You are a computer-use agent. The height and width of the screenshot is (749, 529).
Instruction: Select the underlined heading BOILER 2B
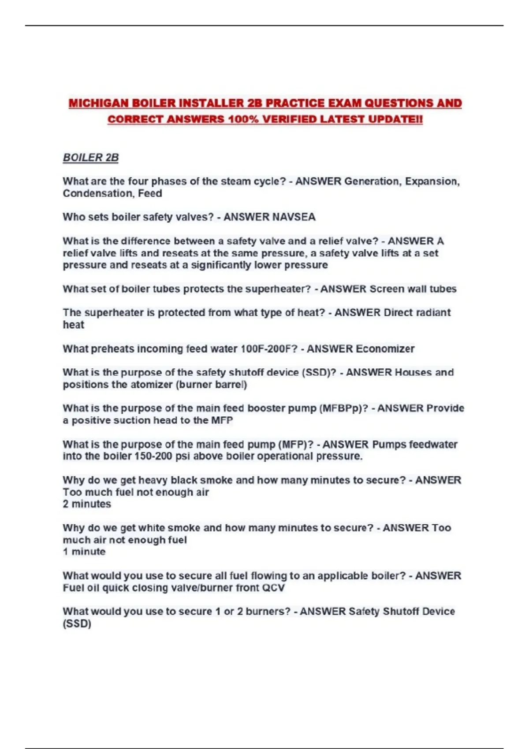click(x=91, y=158)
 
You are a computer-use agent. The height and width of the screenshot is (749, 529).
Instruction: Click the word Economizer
click(x=385, y=349)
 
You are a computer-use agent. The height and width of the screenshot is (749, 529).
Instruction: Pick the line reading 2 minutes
click(x=87, y=504)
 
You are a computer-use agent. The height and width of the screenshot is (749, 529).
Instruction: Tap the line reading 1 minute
click(x=84, y=552)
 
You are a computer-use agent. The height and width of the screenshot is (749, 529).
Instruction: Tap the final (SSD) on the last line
click(x=77, y=624)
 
